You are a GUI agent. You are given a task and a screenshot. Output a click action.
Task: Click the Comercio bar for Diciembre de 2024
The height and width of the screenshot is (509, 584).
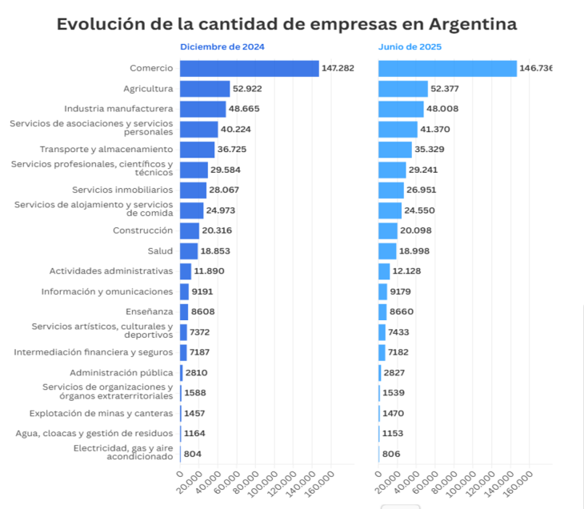[249, 69]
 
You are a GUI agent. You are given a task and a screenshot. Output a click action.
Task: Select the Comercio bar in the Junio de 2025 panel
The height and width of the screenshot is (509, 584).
[447, 69]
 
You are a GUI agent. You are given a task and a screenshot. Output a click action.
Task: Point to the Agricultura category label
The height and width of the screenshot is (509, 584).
[148, 89]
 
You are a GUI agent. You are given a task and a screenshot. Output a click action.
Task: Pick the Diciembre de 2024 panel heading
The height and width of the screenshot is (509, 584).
[222, 46]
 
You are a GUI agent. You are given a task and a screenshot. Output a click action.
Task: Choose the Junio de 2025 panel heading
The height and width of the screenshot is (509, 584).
[410, 46]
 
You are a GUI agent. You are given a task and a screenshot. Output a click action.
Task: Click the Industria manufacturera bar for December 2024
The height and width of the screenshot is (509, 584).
[202, 109]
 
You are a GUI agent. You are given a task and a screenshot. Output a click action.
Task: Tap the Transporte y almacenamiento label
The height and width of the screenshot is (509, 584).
[106, 150]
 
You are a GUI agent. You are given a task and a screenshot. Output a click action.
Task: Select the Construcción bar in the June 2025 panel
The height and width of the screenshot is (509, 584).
[388, 230]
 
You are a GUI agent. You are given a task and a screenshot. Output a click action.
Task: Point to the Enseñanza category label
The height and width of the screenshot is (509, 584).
[149, 311]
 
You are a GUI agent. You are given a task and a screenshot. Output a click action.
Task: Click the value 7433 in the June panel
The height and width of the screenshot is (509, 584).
[403, 332]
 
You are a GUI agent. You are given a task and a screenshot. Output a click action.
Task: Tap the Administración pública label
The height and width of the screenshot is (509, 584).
[122, 373]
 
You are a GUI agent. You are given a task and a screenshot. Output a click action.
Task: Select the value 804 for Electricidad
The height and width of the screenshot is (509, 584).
[193, 454]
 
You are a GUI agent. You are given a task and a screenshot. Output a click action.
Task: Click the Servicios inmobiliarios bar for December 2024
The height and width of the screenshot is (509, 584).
[193, 190]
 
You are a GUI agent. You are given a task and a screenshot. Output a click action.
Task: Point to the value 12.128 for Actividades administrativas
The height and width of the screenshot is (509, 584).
[411, 271]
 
